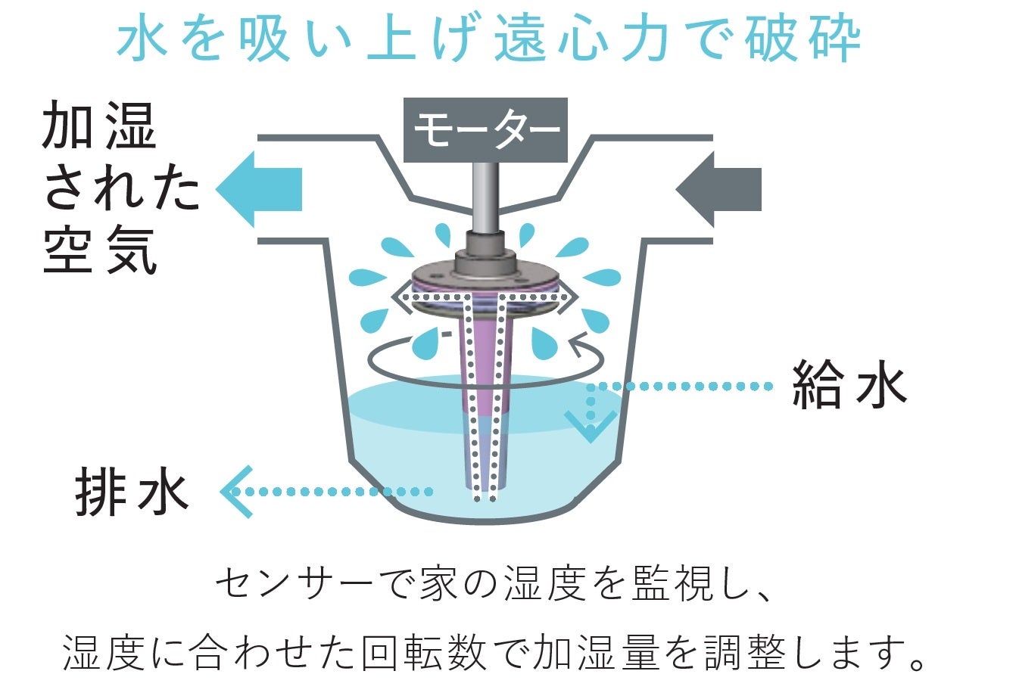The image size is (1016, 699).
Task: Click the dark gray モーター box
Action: point(485,130)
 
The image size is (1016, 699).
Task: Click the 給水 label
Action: point(849,385)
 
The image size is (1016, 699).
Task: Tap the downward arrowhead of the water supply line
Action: point(591,428)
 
